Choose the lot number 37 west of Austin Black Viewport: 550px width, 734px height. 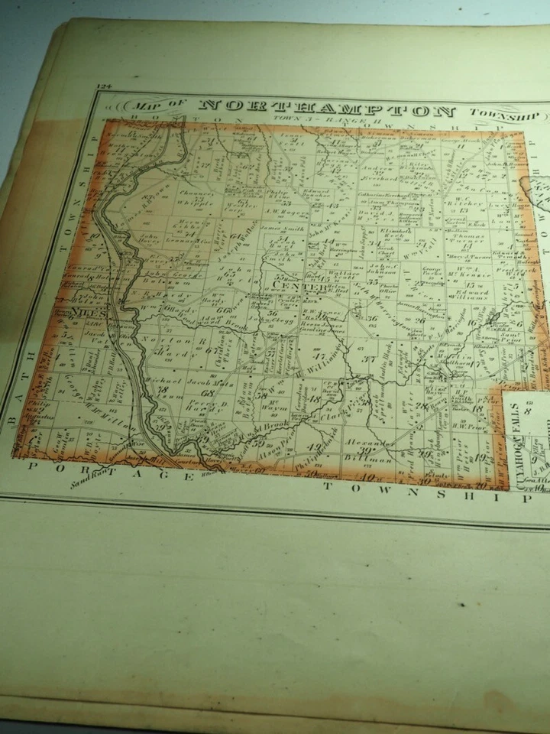370,359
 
